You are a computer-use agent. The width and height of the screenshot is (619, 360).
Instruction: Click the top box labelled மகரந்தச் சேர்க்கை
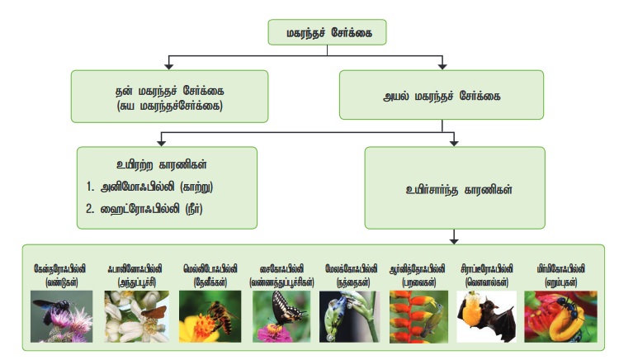[x=327, y=33]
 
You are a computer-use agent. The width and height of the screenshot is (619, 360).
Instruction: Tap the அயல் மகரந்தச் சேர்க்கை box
[x=442, y=96]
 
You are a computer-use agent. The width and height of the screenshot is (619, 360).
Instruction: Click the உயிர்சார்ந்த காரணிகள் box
[x=453, y=190]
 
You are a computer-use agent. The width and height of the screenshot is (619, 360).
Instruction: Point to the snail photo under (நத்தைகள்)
[x=345, y=316]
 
